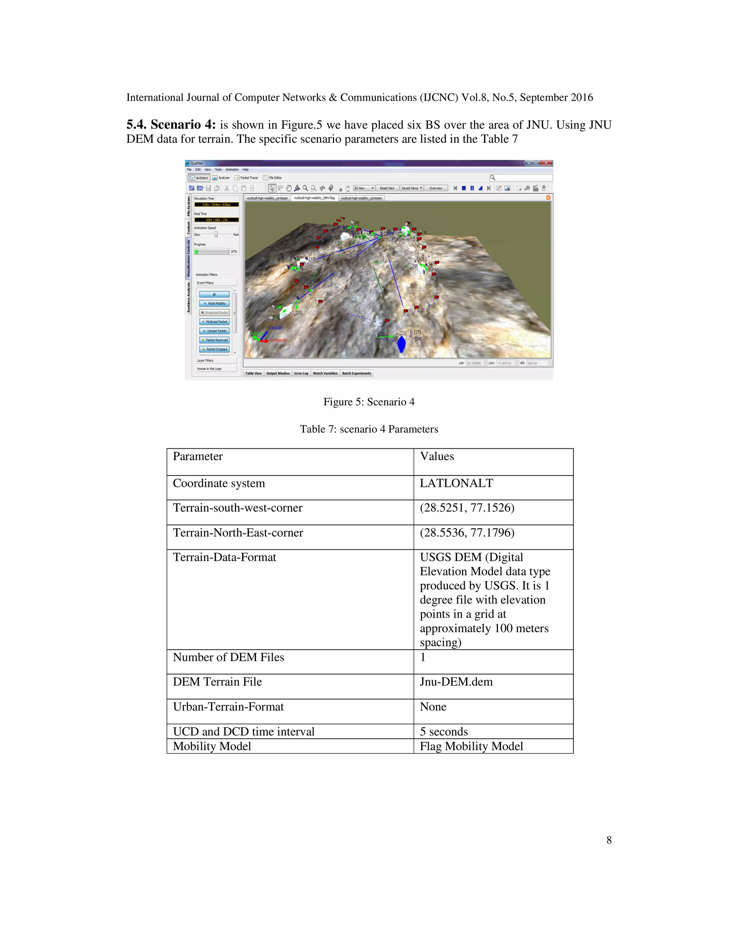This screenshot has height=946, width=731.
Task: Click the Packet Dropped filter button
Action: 215,349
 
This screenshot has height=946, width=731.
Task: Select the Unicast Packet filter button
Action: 215,331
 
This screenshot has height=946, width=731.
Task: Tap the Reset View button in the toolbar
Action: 387,188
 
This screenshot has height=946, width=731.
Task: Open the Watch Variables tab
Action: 325,373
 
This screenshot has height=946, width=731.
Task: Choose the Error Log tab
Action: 301,373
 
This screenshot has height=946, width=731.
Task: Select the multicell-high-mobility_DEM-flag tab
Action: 314,198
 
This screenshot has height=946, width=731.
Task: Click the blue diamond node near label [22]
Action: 402,344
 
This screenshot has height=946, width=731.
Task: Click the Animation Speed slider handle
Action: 216,234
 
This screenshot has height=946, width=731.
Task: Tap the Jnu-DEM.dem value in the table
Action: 456,682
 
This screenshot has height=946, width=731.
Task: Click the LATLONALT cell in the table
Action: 456,483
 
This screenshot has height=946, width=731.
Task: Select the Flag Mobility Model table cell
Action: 471,746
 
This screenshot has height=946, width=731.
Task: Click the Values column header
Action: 437,457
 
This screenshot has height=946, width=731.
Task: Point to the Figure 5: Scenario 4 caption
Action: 369,402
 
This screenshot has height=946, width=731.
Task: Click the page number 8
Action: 609,840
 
